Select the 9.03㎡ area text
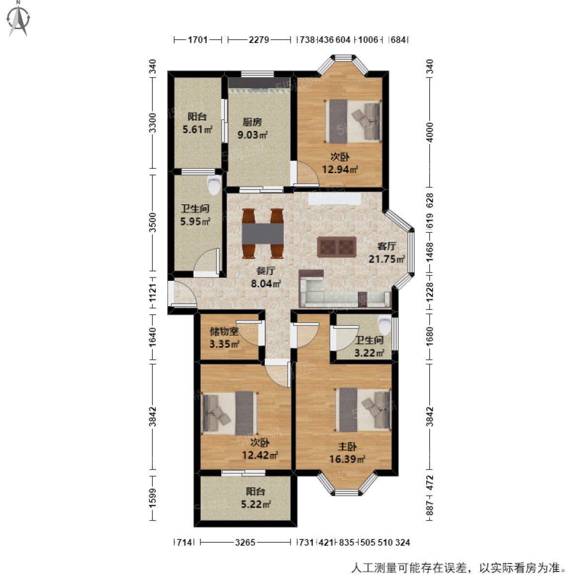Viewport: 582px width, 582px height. pos(252,135)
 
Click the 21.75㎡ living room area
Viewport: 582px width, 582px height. pos(387,259)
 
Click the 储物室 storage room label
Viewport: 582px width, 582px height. pos(224,332)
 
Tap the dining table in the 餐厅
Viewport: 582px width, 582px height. pos(263,233)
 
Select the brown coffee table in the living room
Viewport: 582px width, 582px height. pos(337,246)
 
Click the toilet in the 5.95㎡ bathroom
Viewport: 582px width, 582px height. pos(213,185)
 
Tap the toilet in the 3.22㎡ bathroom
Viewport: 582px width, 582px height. pos(385,323)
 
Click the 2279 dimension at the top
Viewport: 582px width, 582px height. pos(259,40)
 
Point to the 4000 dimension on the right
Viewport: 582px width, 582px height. pos(429,132)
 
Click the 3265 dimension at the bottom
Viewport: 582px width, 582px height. pos(245,542)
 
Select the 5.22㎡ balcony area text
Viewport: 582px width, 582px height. pos(256,504)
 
